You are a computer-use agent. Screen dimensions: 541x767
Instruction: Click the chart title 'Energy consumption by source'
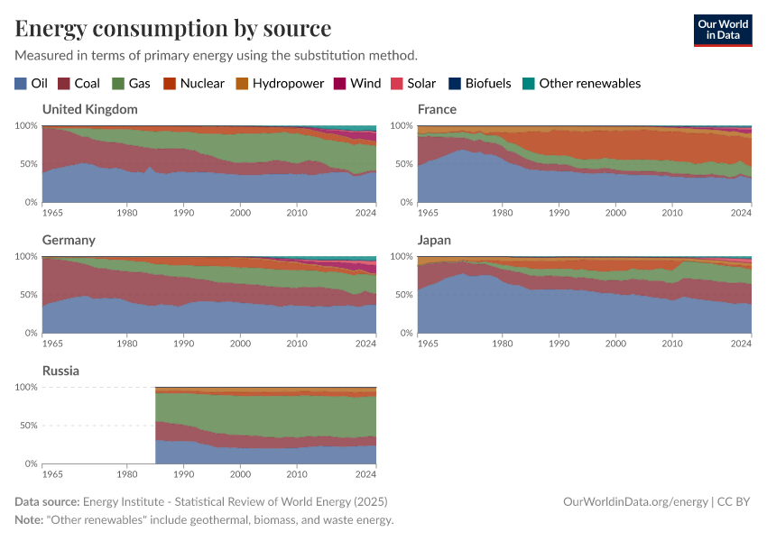172,28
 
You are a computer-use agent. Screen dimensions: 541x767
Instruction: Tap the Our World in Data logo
722,30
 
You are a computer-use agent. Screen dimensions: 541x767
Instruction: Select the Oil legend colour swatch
21,84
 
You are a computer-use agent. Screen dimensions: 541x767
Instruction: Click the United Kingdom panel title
90,109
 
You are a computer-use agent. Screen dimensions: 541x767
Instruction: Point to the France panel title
437,109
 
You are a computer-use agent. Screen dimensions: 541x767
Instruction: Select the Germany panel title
69,241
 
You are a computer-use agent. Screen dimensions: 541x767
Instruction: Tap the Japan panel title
435,241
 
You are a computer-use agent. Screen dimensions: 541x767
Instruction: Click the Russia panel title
60,371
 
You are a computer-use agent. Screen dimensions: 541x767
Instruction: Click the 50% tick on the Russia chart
26,426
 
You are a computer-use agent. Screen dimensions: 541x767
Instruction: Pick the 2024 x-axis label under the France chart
740,213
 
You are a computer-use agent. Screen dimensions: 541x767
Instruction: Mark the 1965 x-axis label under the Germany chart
53,344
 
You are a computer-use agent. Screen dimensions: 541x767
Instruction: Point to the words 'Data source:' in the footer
47,502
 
